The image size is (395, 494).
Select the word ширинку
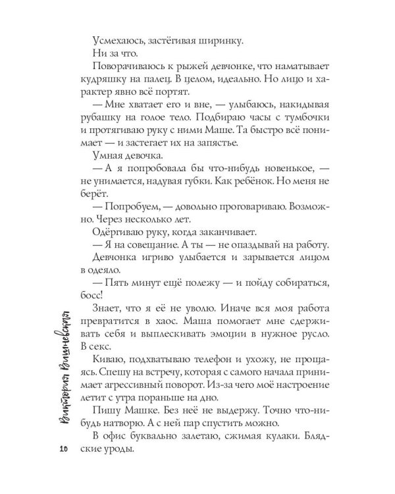click(221, 41)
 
